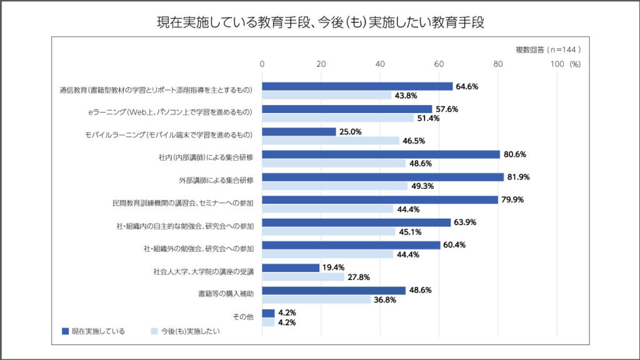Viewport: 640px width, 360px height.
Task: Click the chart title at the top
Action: (x=320, y=23)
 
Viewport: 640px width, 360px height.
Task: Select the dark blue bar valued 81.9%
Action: (x=382, y=177)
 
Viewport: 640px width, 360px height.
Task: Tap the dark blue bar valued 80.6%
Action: (x=381, y=154)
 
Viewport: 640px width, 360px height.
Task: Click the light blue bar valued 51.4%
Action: (x=337, y=118)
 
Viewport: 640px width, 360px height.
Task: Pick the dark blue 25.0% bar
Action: (x=299, y=132)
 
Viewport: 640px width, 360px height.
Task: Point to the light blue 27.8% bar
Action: (x=303, y=276)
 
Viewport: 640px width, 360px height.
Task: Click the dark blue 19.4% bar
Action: (x=291, y=267)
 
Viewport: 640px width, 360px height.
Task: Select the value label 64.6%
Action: (x=467, y=86)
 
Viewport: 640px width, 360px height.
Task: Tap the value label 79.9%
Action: (x=512, y=200)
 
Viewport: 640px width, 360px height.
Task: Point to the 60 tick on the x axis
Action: (x=439, y=64)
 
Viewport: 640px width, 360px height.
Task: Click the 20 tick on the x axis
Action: (x=321, y=64)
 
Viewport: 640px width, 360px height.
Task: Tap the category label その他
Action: (x=243, y=317)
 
